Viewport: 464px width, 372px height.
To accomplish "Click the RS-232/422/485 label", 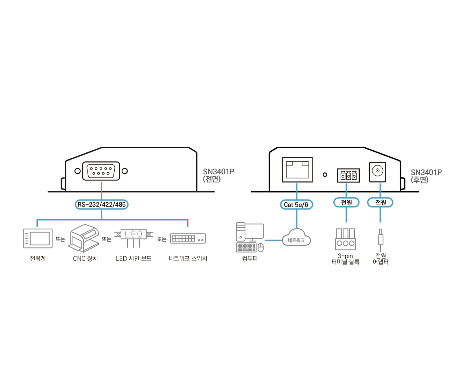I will point(101,205).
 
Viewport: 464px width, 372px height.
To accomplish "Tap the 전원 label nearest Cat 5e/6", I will point(346,202).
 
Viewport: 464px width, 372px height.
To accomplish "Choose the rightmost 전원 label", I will point(380,202).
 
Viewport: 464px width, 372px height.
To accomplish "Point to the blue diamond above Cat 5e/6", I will point(296,189).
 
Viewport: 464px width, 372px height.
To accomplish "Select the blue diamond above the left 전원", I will point(346,188).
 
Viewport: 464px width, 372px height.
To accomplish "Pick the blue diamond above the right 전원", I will point(380,188).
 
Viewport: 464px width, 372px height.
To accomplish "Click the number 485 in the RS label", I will point(120,205).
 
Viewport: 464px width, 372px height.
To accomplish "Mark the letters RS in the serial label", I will point(81,205).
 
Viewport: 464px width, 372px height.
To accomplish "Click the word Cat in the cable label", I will point(288,205).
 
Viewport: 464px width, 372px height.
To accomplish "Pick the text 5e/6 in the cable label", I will point(302,205).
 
